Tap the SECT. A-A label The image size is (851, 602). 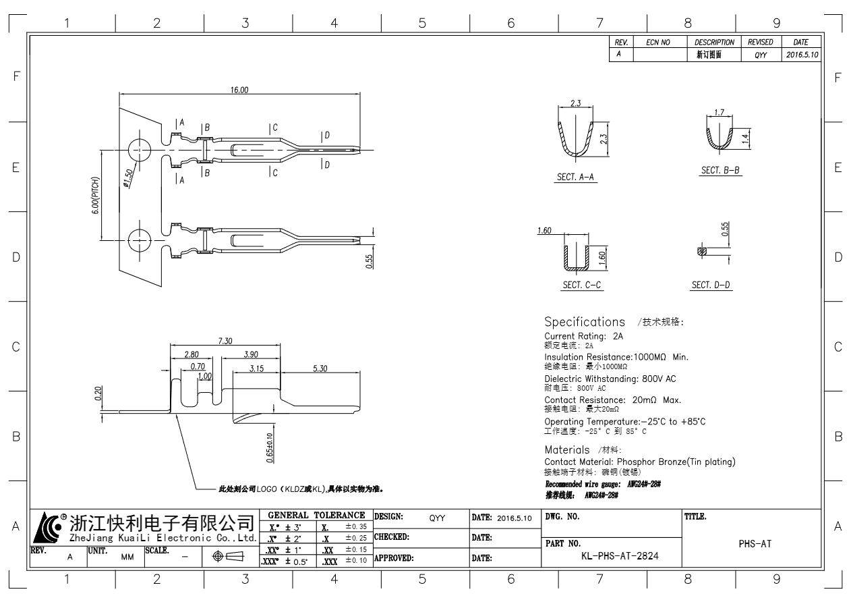(575, 177)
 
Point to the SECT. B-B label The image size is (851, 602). (721, 171)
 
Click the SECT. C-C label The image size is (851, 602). (582, 285)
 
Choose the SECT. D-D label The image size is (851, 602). (711, 285)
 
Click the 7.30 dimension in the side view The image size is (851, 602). (225, 341)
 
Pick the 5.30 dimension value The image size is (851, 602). (320, 368)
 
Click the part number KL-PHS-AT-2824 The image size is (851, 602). (620, 556)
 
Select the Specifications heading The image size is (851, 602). (585, 322)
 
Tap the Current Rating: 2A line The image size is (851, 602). (584, 335)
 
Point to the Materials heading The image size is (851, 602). (567, 449)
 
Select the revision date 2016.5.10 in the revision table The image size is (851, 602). (802, 55)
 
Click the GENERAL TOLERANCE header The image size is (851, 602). (316, 515)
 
